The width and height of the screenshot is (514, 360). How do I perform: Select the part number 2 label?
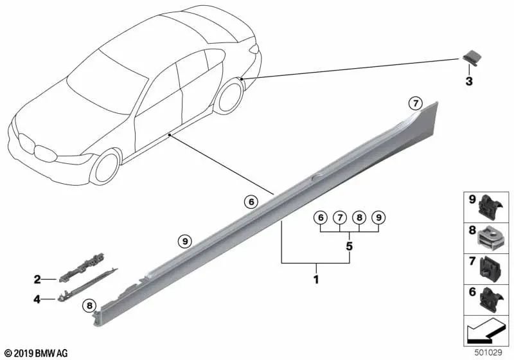click(x=37, y=279)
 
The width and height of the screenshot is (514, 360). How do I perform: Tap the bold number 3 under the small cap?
click(x=468, y=82)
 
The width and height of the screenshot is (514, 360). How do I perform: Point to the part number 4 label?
click(x=37, y=299)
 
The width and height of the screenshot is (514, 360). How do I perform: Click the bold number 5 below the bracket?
click(x=349, y=246)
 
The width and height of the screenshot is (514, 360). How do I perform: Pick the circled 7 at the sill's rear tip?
click(x=416, y=102)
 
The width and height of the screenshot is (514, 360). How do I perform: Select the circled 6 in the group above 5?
click(x=319, y=218)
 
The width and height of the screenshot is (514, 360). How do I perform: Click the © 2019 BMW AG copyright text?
click(x=35, y=353)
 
